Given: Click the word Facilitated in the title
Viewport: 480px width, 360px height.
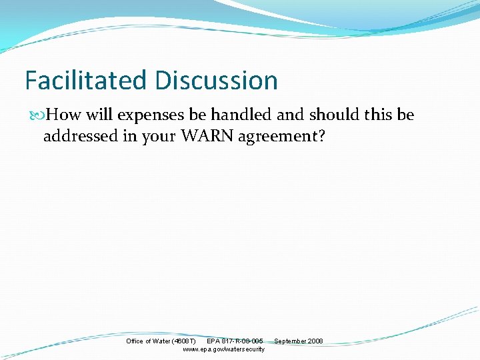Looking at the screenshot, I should click(86, 81).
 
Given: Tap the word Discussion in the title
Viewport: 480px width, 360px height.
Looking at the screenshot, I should click(216, 81).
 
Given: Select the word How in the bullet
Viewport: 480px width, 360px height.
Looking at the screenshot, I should click(64, 115).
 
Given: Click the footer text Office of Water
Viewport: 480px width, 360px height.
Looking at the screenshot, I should click(147, 341).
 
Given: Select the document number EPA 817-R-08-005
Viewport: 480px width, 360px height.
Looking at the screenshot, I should click(235, 341).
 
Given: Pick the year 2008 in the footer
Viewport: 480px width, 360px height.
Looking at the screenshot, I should click(315, 341).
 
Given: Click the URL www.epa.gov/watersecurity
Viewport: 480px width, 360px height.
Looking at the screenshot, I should click(223, 349).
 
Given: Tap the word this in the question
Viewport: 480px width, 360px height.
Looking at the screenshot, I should click(380, 115).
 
